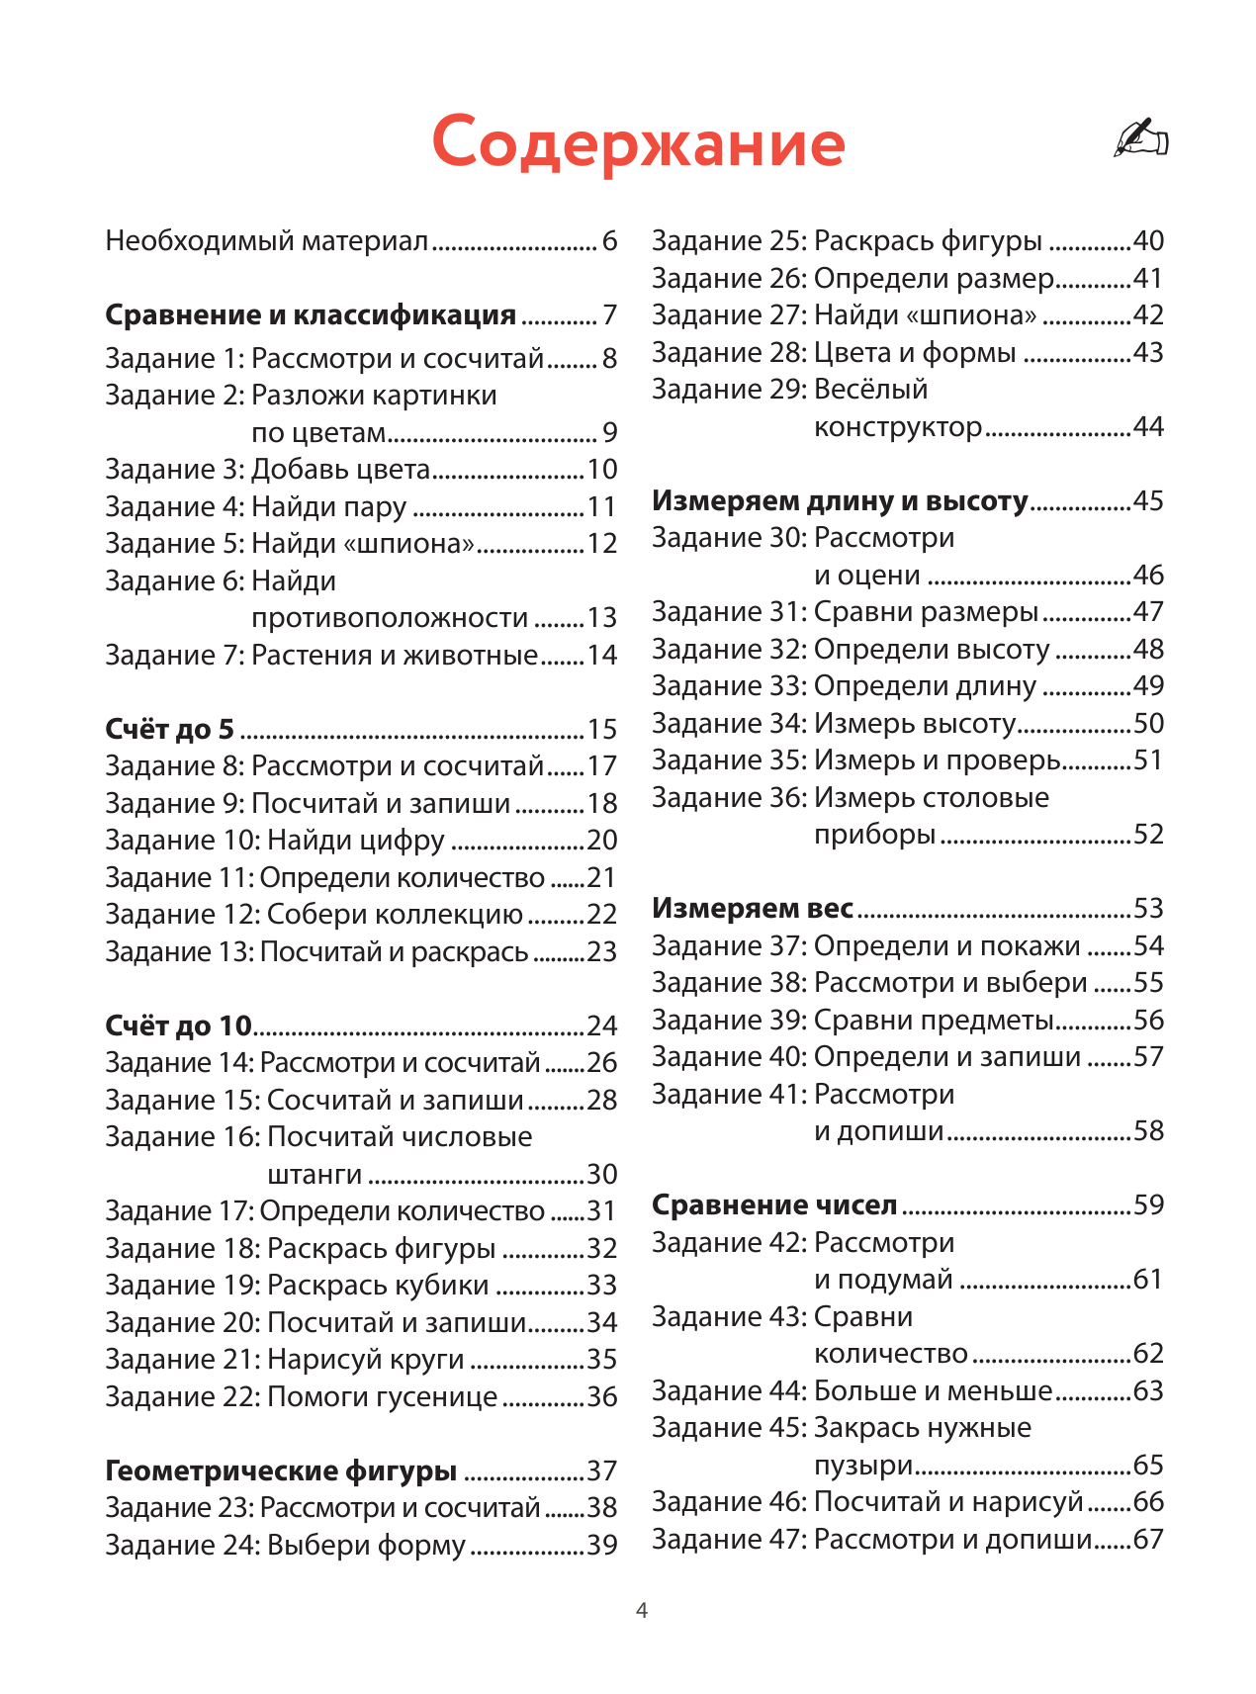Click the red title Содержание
[638, 143]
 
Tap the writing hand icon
[1140, 138]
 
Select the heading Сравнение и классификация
[311, 315]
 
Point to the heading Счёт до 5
[169, 730]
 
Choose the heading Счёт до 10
[178, 1026]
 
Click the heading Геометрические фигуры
[281, 1471]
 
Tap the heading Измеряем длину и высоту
[840, 501]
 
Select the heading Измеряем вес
[753, 909]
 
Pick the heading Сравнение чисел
[774, 1205]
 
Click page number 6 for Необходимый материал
[609, 241]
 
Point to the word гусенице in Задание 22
[439, 1397]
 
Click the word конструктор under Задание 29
[897, 427]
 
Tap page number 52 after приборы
[1148, 835]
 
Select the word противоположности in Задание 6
[390, 618]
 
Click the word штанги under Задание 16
[314, 1175]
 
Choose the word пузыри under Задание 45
[862, 1466]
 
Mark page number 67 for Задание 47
[1148, 1540]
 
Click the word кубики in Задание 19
[442, 1286]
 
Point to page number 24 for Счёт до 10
[601, 1026]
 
